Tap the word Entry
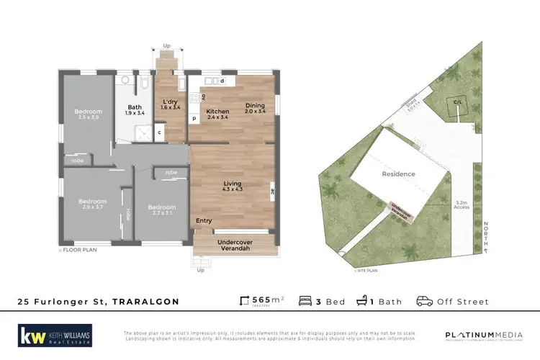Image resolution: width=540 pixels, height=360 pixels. click(204, 221)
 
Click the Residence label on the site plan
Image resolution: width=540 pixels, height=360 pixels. click(398, 174)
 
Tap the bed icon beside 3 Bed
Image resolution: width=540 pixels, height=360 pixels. click(305, 301)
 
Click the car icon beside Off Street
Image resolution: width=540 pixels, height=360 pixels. click(424, 301)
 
